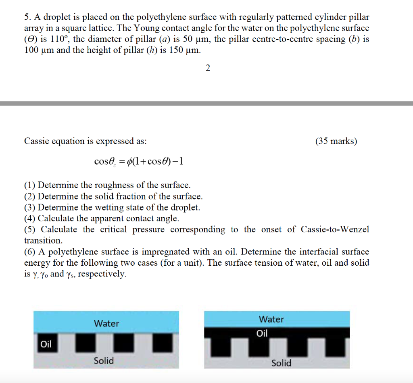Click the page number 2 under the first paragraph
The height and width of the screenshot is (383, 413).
208,68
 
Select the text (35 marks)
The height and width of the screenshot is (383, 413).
336,141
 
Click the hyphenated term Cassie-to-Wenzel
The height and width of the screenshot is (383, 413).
335,229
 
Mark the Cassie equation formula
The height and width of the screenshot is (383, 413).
139,162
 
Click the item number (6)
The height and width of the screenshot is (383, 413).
30,252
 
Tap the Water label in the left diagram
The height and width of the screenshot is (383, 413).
106,323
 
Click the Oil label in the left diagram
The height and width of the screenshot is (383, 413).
46,344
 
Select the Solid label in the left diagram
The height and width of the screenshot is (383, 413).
104,360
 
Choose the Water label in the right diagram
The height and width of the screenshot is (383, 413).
271,319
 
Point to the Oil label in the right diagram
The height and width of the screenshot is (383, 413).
262,333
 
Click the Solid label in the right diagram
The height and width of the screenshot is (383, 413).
281,363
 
